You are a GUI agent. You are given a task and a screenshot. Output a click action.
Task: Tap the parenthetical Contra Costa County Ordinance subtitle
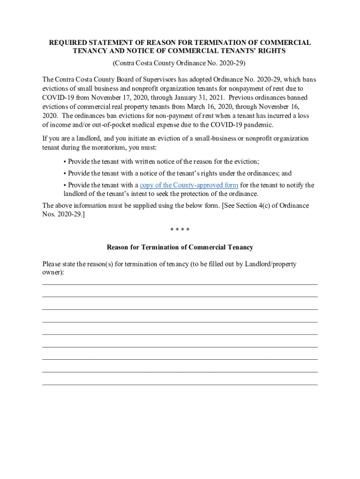179,63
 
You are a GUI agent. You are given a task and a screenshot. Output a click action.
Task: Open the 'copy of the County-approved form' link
189,185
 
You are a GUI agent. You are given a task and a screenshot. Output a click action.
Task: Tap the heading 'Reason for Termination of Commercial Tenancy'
180,247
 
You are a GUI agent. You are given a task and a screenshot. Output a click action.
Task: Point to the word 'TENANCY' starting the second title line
88,51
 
